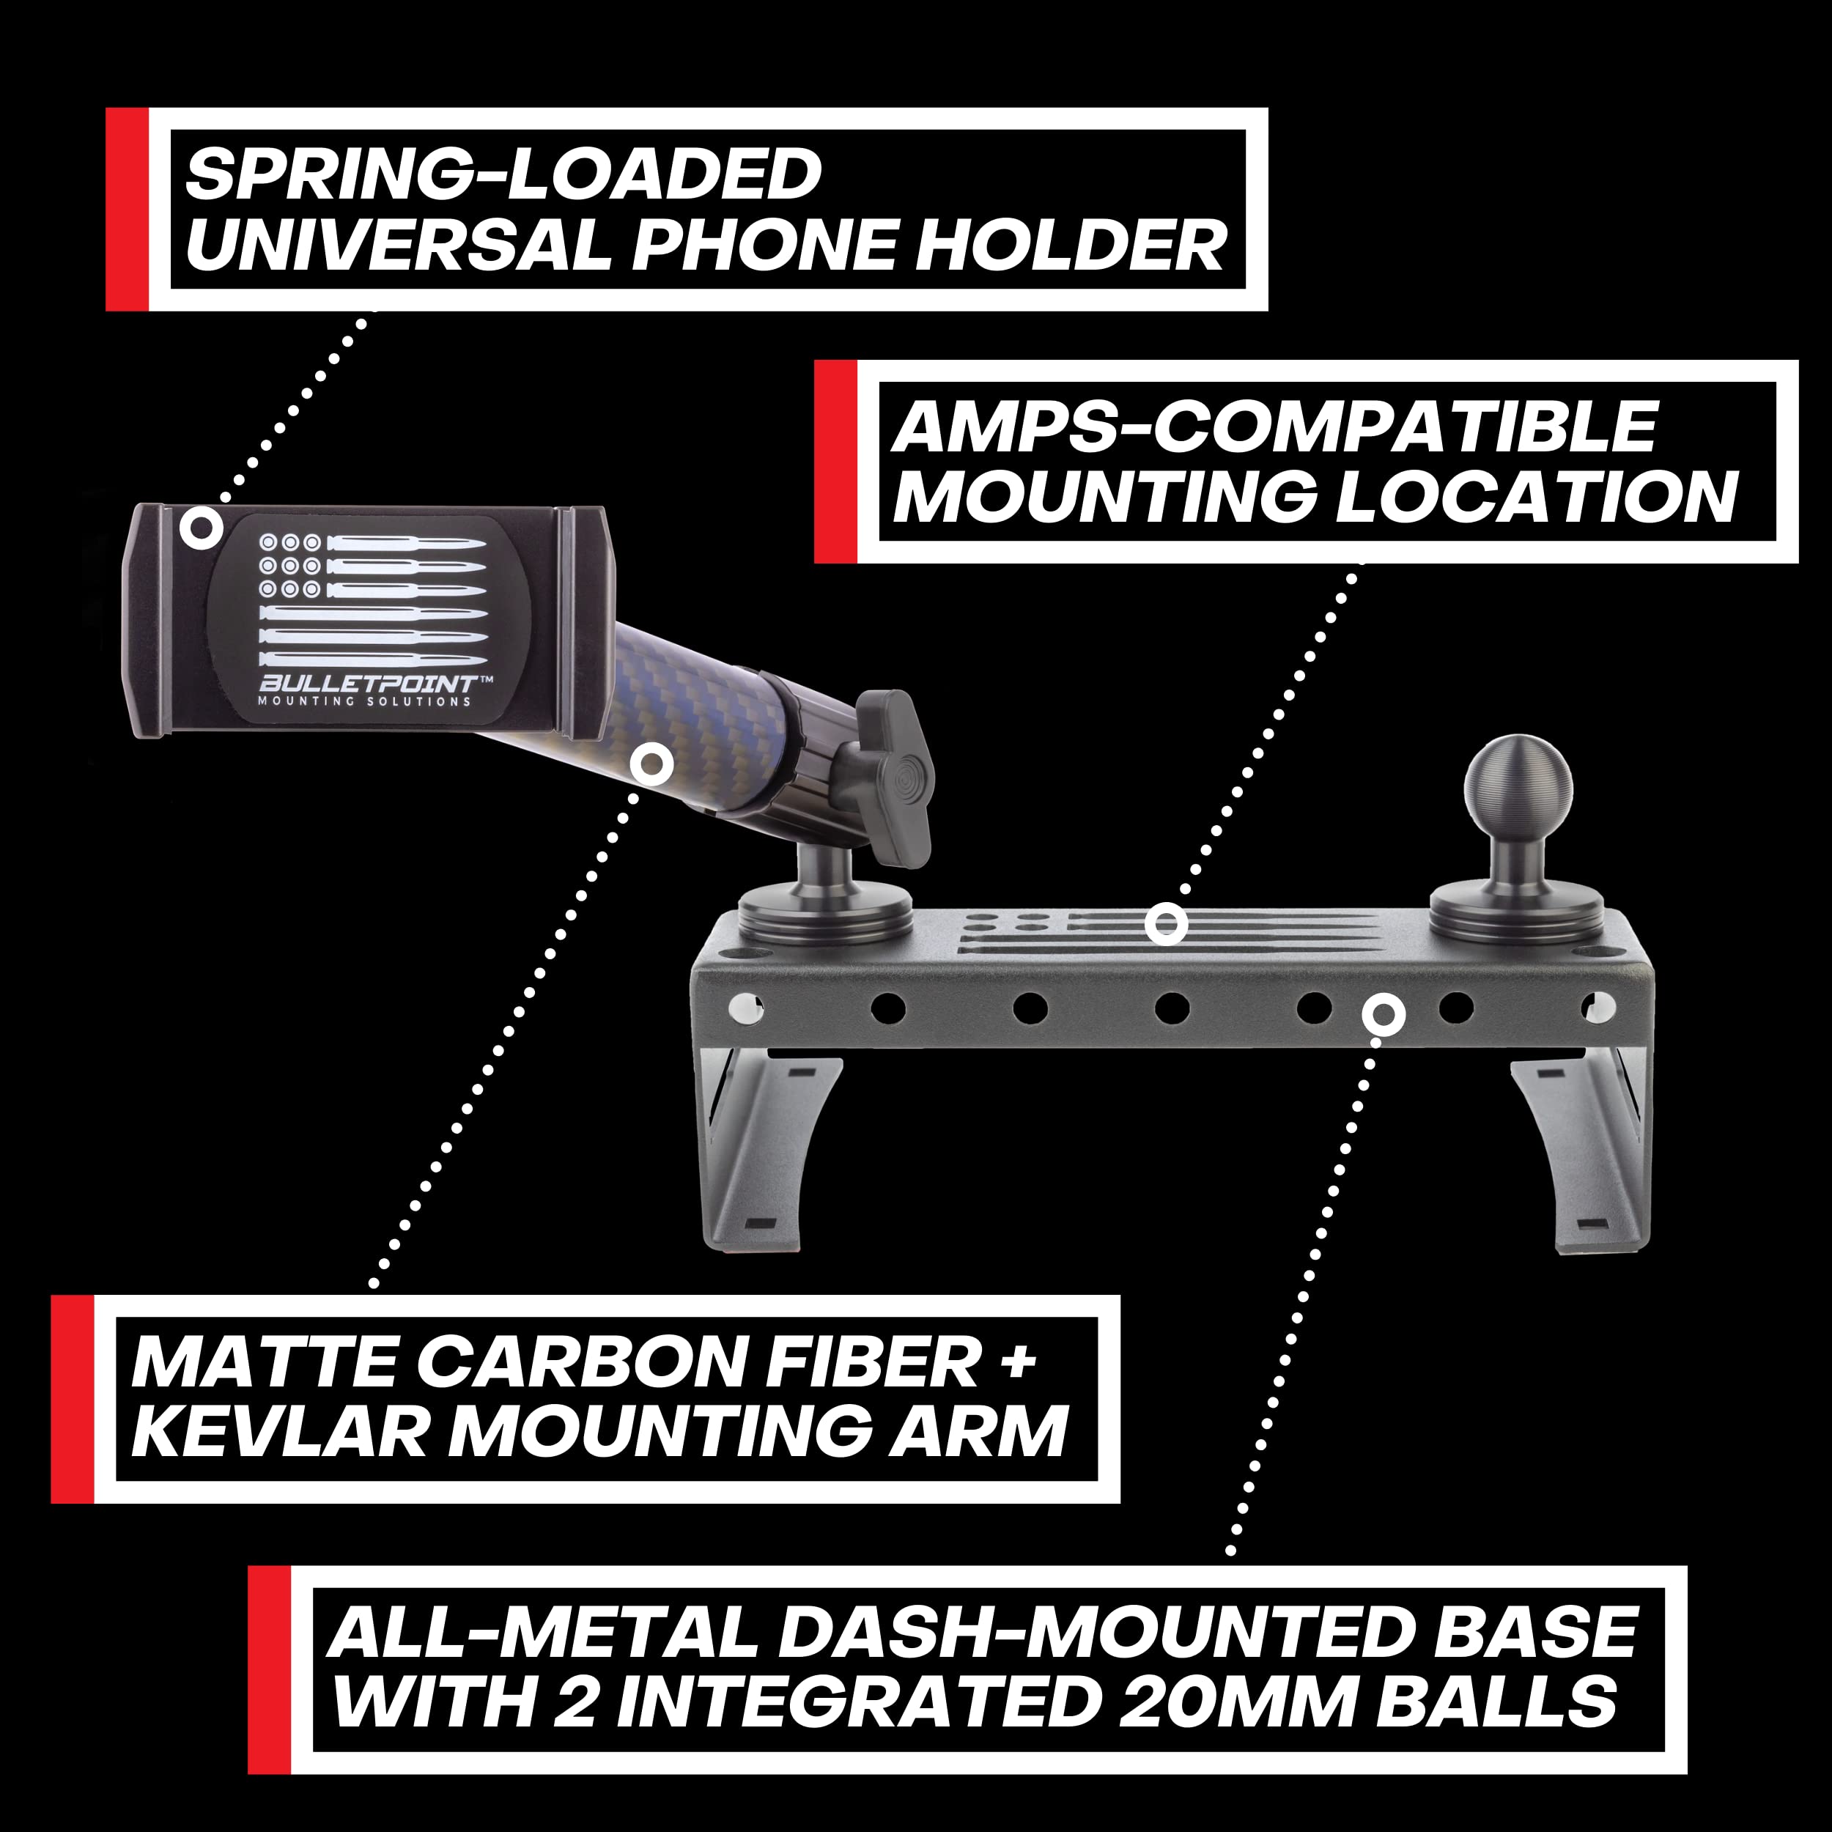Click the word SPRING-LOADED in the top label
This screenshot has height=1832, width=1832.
(x=503, y=174)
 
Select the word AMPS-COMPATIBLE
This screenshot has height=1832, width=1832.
(x=1274, y=428)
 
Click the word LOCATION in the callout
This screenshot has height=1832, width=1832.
(x=1536, y=497)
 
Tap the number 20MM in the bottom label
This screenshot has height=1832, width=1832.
(x=1238, y=1702)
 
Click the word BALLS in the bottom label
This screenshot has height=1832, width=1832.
(x=1496, y=1702)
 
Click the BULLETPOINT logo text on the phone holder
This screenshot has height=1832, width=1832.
(x=368, y=684)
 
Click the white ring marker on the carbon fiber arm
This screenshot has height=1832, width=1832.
(x=651, y=764)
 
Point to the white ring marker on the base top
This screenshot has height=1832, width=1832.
(x=1165, y=923)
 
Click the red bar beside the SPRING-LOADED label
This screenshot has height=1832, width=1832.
(x=127, y=210)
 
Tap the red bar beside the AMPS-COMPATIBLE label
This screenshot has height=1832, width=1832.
(x=835, y=462)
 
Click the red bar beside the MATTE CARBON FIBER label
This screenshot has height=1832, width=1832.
(x=72, y=1399)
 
